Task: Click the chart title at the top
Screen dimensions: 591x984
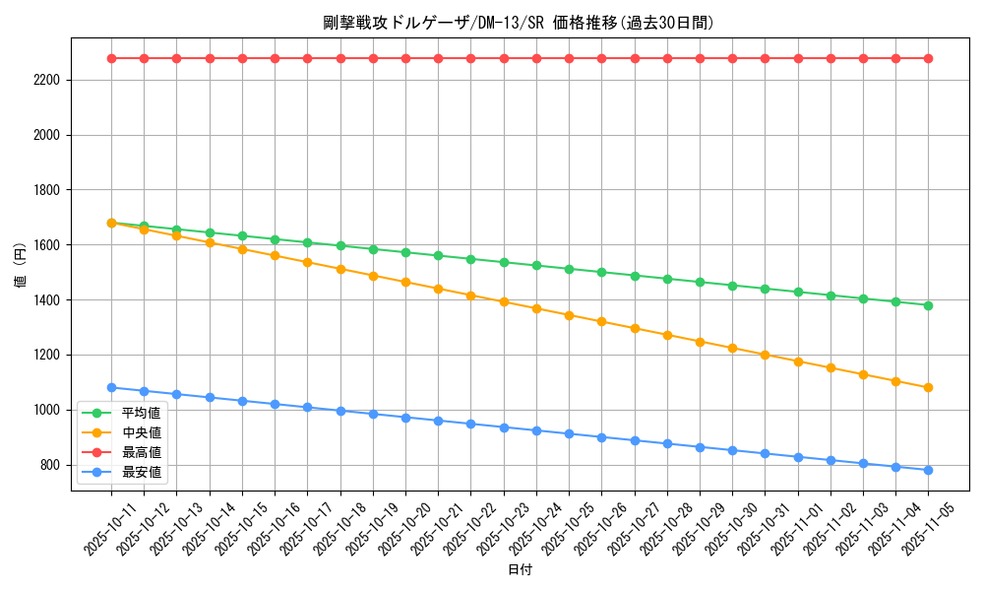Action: pyautogui.click(x=519, y=23)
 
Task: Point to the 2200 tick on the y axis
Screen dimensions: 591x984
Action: pyautogui.click(x=46, y=80)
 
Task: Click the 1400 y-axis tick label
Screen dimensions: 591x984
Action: pyautogui.click(x=46, y=300)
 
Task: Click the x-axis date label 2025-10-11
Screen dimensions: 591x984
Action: pyautogui.click(x=109, y=528)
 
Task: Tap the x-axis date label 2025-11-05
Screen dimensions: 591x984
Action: pyautogui.click(x=926, y=528)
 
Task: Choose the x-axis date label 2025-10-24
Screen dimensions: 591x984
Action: pyautogui.click(x=534, y=528)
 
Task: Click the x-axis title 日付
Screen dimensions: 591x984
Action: pyautogui.click(x=519, y=570)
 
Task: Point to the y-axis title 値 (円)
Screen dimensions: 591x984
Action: pyautogui.click(x=20, y=266)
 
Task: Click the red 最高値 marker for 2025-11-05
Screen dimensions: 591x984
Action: pyautogui.click(x=928, y=58)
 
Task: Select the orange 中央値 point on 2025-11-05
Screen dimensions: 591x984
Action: pyautogui.click(x=928, y=387)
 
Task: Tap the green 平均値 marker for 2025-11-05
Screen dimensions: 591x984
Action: pyautogui.click(x=928, y=305)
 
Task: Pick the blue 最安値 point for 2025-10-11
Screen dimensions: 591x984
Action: pyautogui.click(x=111, y=387)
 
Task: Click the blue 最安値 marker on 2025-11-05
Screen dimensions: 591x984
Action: pyautogui.click(x=928, y=470)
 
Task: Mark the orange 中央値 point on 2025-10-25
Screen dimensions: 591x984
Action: pyautogui.click(x=569, y=315)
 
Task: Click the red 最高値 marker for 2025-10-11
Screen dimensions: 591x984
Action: pyautogui.click(x=111, y=58)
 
